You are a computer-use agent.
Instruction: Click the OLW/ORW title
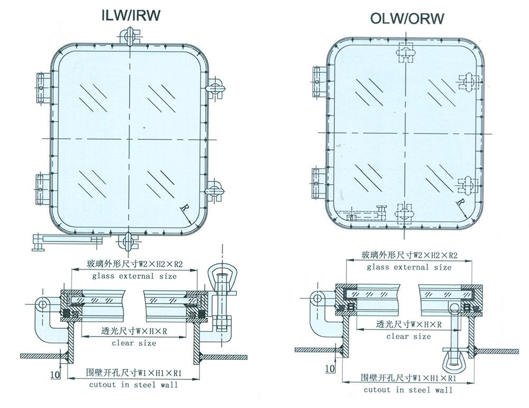(x=407, y=20)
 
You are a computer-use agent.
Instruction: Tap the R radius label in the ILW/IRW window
(x=183, y=207)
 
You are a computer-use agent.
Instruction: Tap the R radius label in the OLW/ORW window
(x=461, y=203)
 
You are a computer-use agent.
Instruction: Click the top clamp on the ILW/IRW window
(x=129, y=36)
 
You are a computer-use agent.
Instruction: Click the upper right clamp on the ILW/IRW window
(x=216, y=86)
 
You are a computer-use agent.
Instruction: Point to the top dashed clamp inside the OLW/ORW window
(x=406, y=53)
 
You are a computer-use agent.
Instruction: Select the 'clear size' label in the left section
(x=134, y=343)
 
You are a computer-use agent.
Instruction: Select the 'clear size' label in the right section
(x=408, y=336)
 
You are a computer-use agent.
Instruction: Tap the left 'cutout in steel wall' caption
(x=133, y=385)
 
